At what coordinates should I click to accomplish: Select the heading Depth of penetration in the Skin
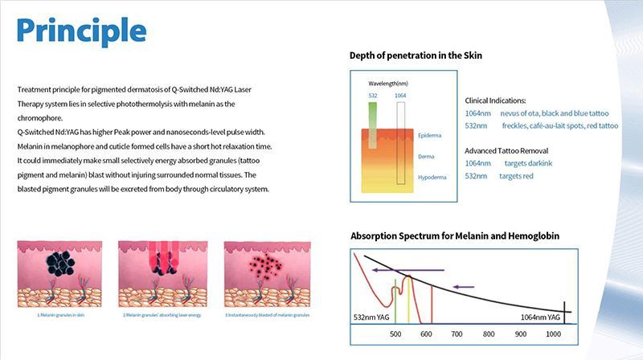[x=416, y=55]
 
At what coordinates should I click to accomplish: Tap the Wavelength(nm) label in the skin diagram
[x=388, y=83]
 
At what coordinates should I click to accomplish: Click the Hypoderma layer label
[x=432, y=176]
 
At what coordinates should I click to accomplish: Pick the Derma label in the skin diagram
[x=427, y=156]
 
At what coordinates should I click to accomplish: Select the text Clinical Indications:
[x=496, y=100]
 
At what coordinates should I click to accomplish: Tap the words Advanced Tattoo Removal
[x=508, y=151]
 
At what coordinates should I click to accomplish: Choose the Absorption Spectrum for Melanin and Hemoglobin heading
[x=455, y=236]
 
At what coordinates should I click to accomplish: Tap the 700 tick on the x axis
[x=457, y=333]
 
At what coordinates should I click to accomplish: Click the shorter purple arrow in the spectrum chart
[x=465, y=285]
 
